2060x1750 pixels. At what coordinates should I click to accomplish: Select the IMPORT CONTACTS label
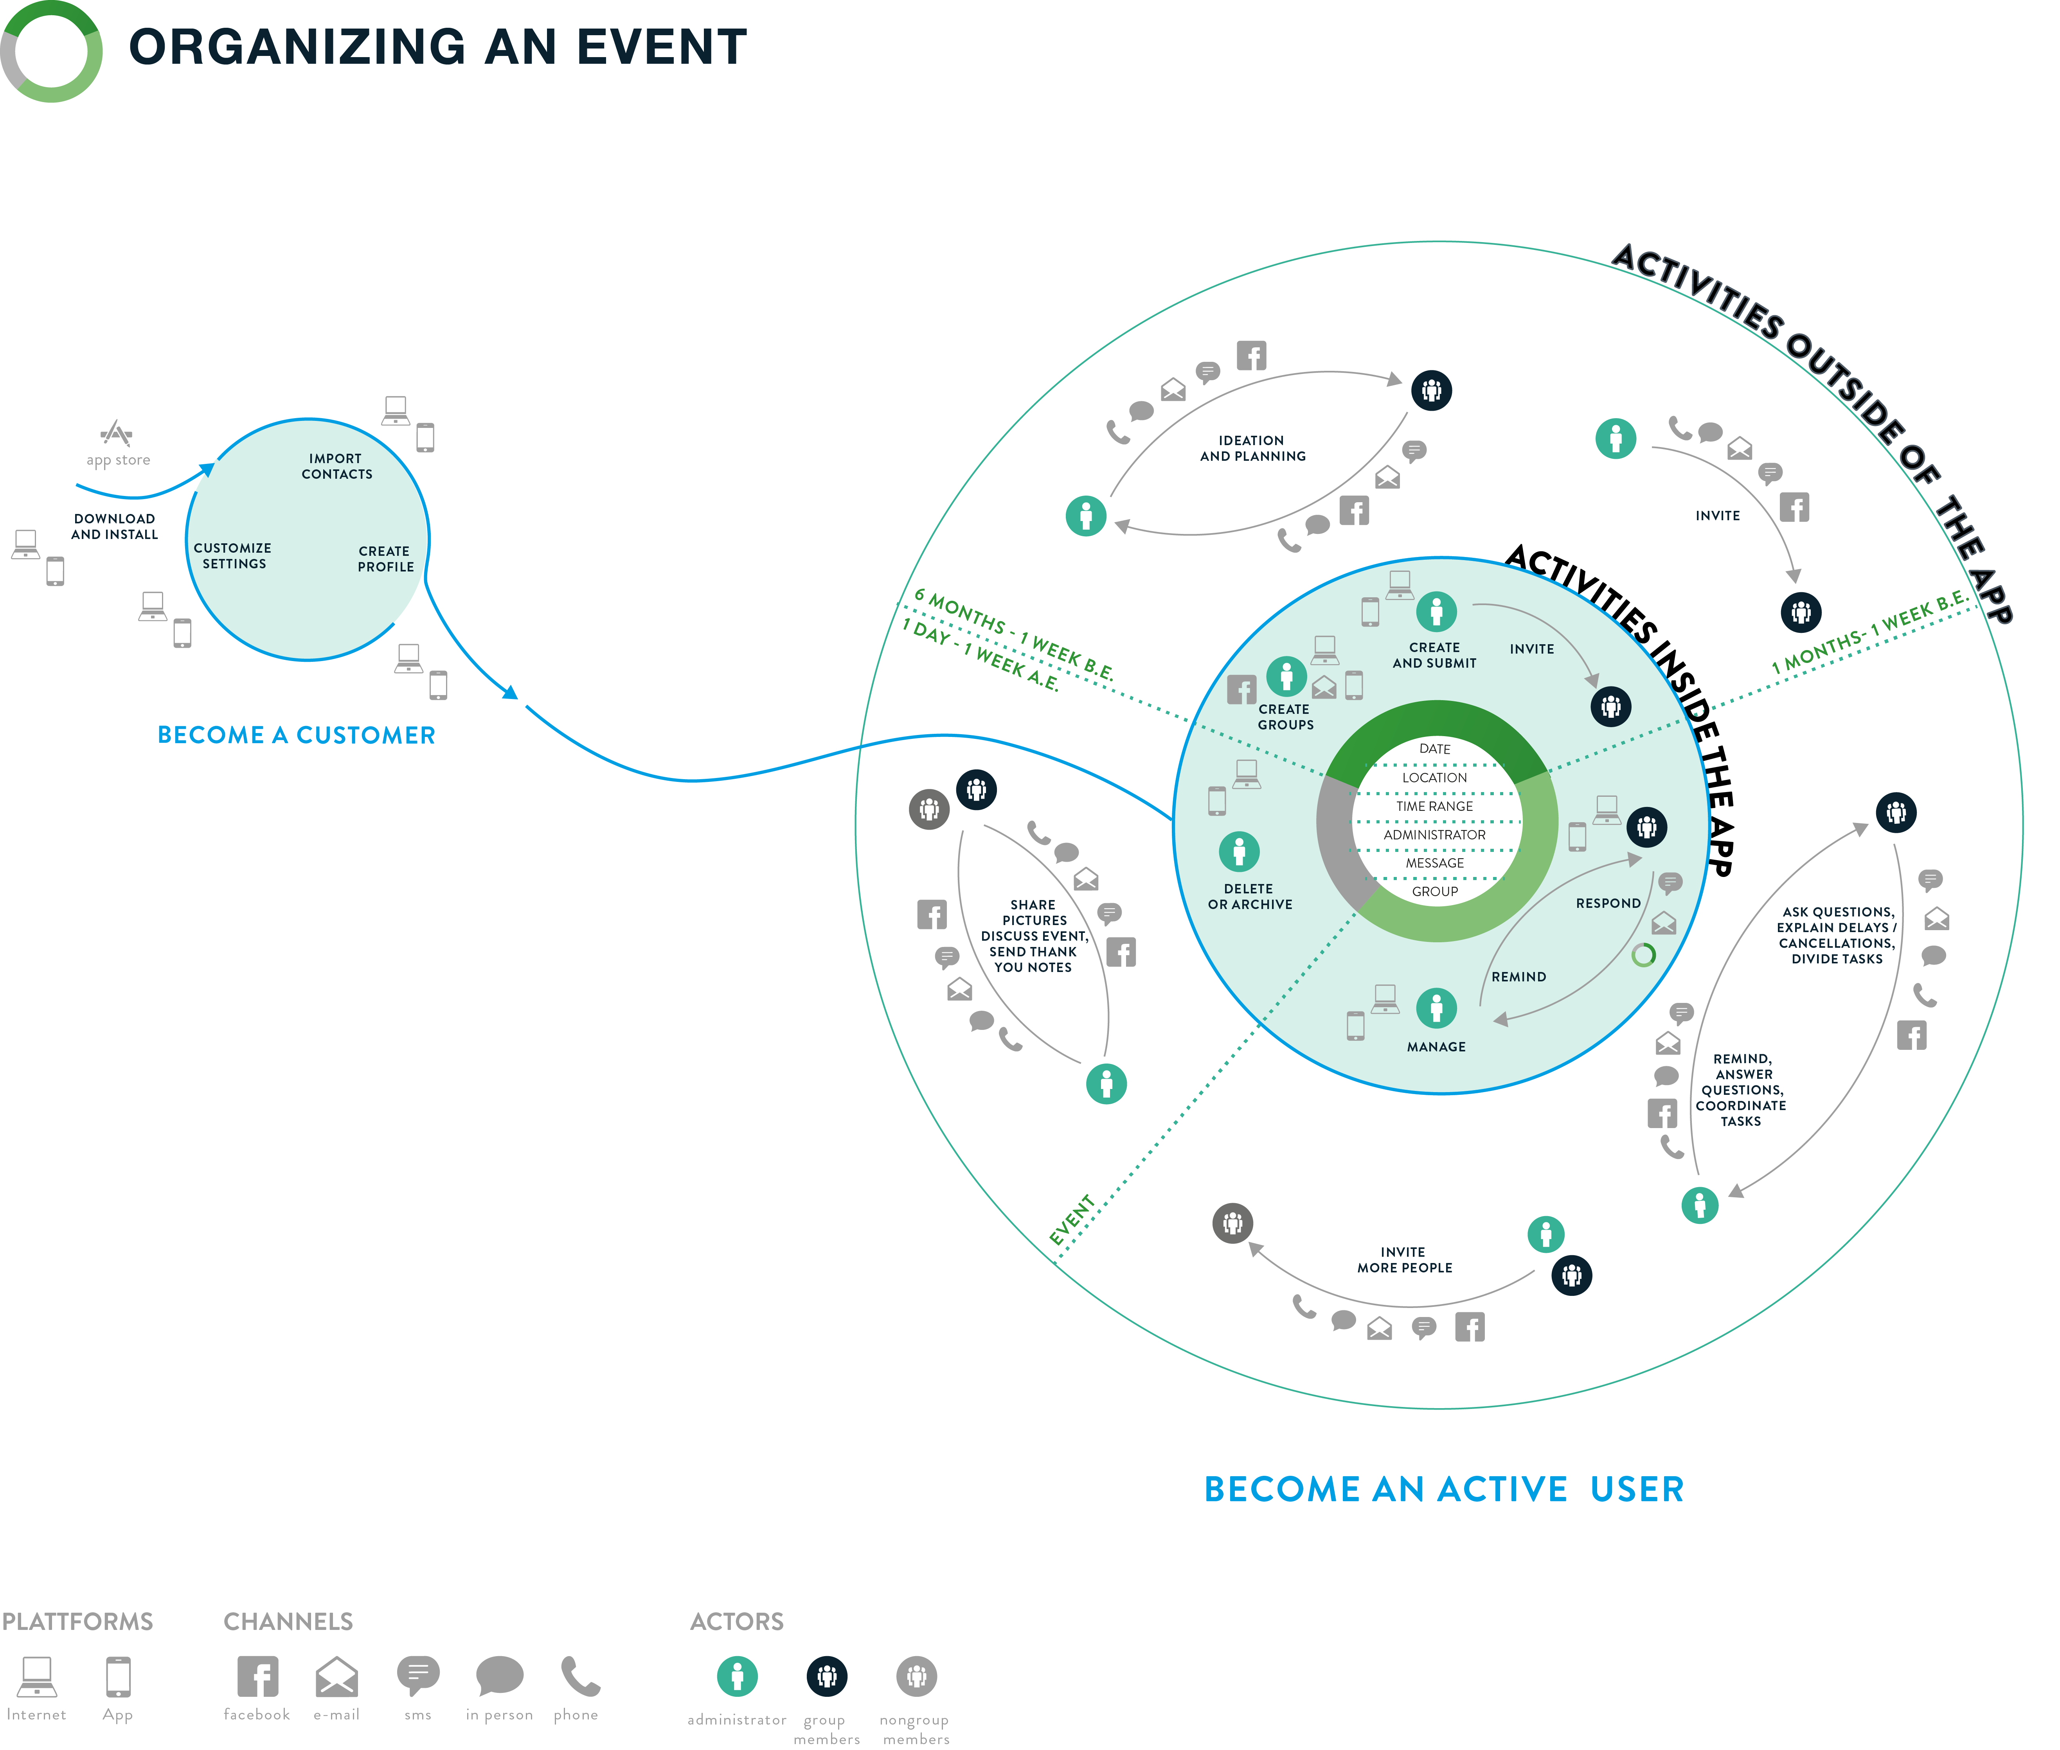[x=336, y=466]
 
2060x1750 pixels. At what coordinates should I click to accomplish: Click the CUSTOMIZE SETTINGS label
[x=233, y=555]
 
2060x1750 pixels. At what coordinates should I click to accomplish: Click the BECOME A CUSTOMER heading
[x=296, y=735]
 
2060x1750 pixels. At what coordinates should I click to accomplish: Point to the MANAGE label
[x=1436, y=1047]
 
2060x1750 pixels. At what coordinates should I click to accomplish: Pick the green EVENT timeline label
[x=1072, y=1220]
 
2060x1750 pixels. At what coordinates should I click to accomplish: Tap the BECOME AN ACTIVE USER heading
[x=1444, y=1489]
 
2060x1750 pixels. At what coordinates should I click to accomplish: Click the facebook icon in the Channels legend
[x=257, y=1676]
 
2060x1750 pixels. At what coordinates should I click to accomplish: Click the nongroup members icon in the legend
[x=916, y=1676]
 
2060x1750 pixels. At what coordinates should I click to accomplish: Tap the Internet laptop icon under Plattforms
[x=37, y=1676]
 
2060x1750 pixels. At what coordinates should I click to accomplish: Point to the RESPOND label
[x=1608, y=903]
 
